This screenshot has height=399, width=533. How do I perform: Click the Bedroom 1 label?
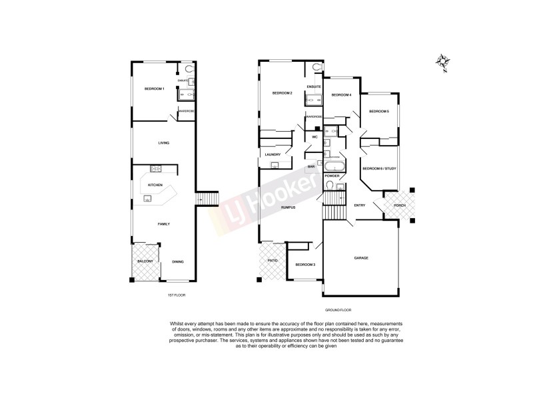[154, 88]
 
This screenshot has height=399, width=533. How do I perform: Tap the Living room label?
[163, 143]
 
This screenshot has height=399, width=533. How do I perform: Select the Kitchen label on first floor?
[155, 184]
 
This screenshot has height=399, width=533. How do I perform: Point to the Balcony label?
[145, 261]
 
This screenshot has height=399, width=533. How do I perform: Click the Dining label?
[178, 261]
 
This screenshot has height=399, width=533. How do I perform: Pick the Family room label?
[163, 224]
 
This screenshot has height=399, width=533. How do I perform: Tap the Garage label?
[361, 257]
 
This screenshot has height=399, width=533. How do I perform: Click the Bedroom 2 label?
[282, 93]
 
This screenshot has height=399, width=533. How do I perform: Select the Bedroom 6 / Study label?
[378, 168]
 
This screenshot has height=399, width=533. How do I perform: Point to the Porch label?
[400, 205]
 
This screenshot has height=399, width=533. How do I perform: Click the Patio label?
[272, 260]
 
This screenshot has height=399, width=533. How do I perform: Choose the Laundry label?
[272, 155]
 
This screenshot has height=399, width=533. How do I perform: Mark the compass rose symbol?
[442, 63]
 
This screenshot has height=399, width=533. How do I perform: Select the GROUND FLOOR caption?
[337, 310]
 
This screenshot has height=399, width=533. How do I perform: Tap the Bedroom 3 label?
[304, 265]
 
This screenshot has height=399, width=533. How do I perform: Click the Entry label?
[360, 205]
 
